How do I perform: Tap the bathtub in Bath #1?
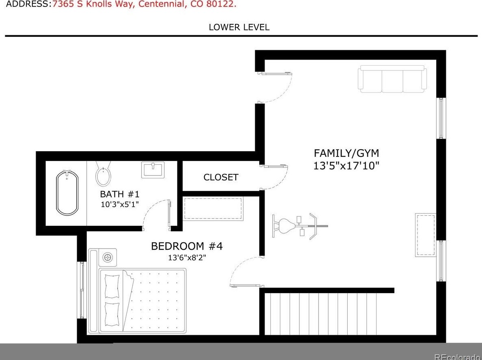pyautogui.click(x=67, y=193)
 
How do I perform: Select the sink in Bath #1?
pyautogui.click(x=153, y=169)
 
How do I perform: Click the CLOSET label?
pyautogui.click(x=221, y=177)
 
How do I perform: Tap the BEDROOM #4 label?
pyautogui.click(x=187, y=246)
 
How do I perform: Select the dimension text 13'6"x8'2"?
pyautogui.click(x=187, y=257)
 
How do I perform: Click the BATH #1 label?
pyautogui.click(x=120, y=194)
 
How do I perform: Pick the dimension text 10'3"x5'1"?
pyautogui.click(x=120, y=204)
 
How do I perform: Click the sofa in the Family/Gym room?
pyautogui.click(x=392, y=79)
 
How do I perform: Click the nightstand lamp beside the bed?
pyautogui.click(x=108, y=257)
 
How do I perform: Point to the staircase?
pyautogui.click(x=321, y=314)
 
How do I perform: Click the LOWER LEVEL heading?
pyautogui.click(x=239, y=28)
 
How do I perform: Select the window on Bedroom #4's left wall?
pyautogui.click(x=82, y=290)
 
